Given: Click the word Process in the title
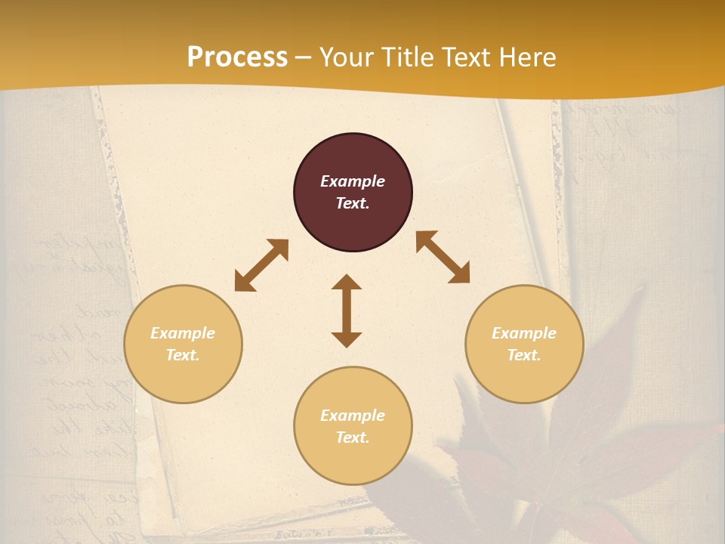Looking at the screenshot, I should [237, 57].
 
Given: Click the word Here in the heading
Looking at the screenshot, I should [529, 57].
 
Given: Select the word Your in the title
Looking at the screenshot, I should [347, 57].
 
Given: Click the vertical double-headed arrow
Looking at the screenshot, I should [347, 311].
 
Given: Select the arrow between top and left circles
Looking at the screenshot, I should [261, 265].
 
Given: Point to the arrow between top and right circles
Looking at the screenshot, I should [443, 257].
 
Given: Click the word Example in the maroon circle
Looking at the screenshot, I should [353, 181].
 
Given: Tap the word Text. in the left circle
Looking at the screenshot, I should [183, 355].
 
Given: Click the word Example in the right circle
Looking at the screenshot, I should [524, 333].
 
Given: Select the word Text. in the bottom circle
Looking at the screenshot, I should [353, 437].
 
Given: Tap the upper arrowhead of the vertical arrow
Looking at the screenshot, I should [347, 283].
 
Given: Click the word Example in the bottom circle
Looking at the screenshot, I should [353, 416].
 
